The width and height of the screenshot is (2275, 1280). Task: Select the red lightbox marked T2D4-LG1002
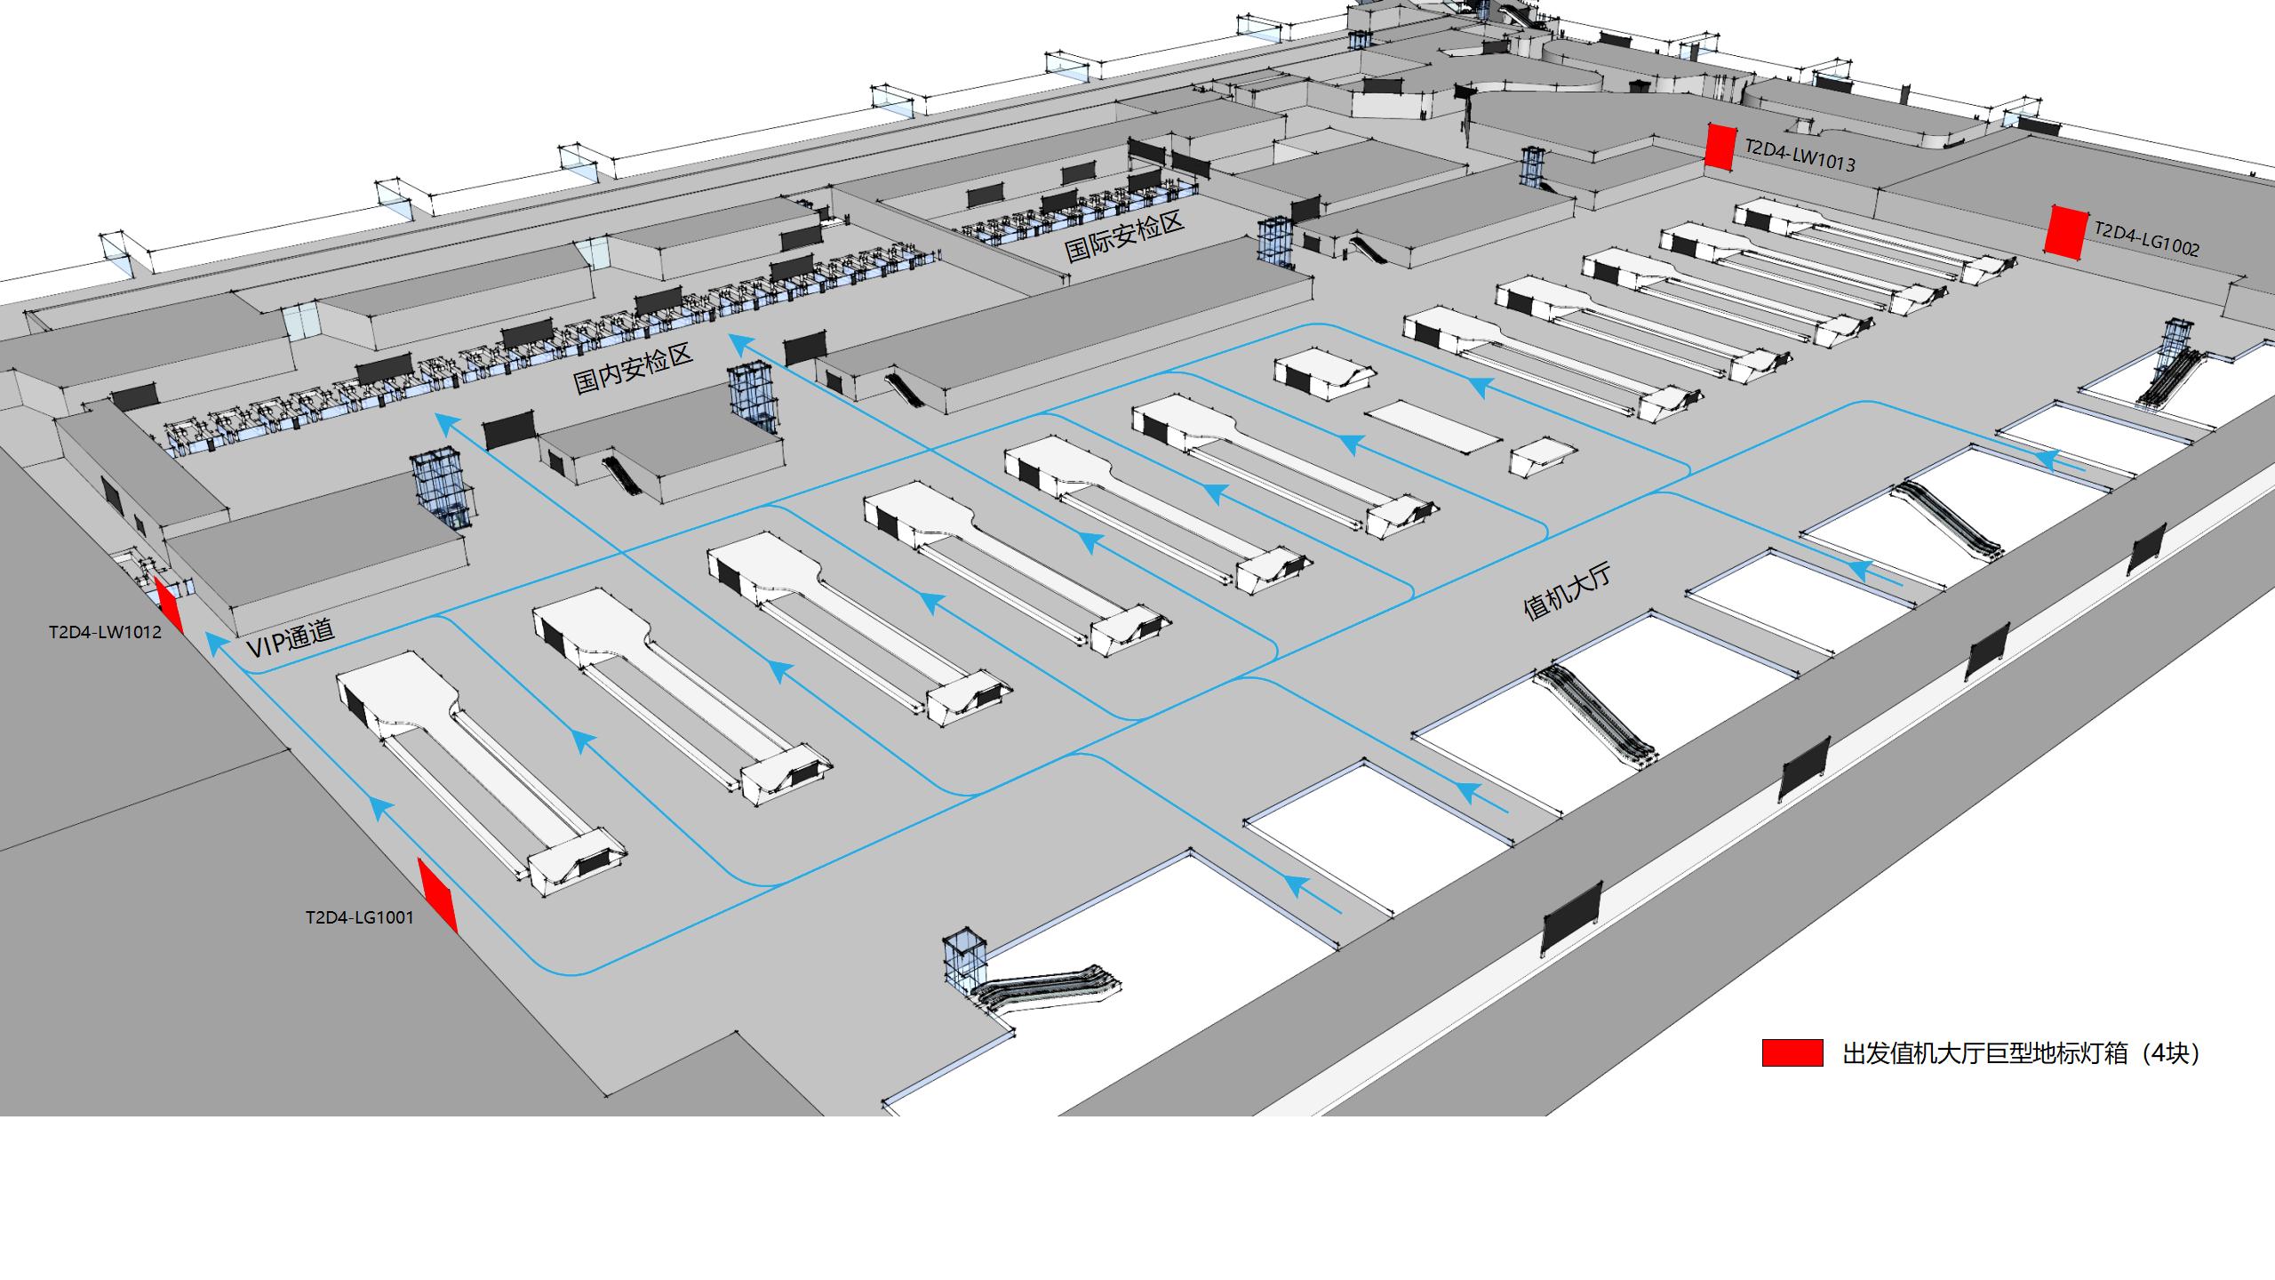tap(2065, 232)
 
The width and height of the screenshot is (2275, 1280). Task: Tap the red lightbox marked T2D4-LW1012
tap(169, 604)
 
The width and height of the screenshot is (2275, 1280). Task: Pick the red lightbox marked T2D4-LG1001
tap(437, 895)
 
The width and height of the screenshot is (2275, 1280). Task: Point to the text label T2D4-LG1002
tap(2146, 238)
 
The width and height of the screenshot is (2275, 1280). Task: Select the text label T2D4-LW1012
tap(105, 633)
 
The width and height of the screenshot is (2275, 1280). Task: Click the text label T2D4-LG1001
tap(360, 917)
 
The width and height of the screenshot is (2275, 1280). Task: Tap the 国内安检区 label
tap(632, 369)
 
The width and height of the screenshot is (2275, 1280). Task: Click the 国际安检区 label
tap(1124, 236)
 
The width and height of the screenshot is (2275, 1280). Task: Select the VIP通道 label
tap(291, 638)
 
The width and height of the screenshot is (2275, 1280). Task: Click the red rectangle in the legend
tap(1792, 1052)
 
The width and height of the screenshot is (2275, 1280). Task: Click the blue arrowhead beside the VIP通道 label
tap(214, 642)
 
